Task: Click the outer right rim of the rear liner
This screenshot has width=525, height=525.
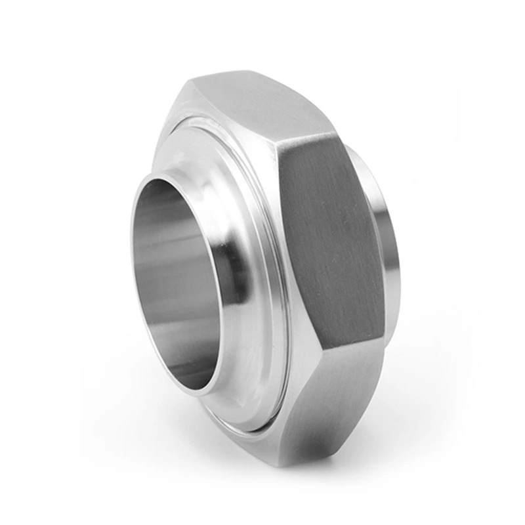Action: point(394,249)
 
